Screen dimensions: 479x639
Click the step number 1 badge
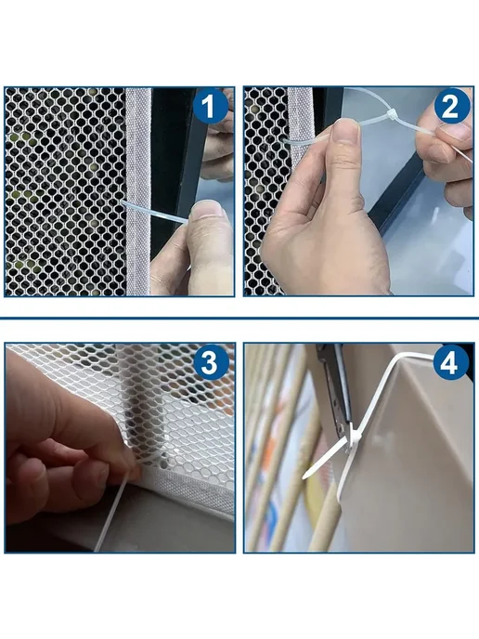pos(210,107)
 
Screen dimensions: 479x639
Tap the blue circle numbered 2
pos(451,107)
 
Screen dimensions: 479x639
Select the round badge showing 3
pos(210,362)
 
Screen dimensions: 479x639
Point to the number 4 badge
pos(449,363)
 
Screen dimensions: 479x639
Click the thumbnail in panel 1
pos(208,211)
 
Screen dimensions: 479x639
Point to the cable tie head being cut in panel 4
pos(353,440)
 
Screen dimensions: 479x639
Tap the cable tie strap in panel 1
pos(156,212)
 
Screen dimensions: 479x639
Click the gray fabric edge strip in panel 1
pos(137,191)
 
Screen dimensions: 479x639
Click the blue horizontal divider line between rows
pos(239,318)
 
